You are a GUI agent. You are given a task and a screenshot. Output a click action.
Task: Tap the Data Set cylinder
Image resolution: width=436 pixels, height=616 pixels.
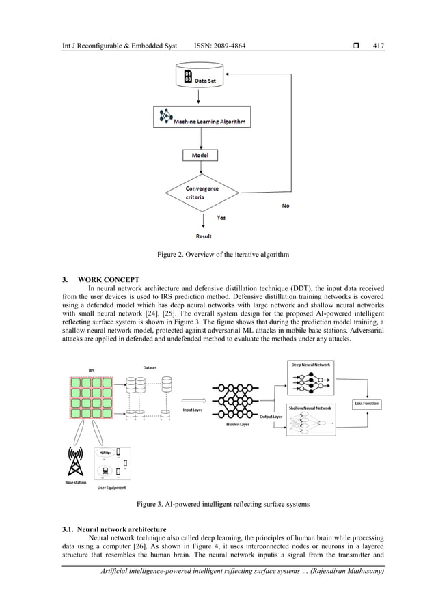pos(198,76)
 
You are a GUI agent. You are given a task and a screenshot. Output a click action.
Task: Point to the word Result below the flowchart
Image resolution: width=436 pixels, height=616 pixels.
pos(204,236)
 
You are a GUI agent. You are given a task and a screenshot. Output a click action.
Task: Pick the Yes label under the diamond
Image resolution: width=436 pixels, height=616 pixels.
pos(221,218)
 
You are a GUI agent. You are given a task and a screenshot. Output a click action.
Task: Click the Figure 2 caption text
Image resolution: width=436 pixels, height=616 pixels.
pos(217,255)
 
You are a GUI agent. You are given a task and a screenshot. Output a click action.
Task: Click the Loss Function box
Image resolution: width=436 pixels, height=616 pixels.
pos(366,404)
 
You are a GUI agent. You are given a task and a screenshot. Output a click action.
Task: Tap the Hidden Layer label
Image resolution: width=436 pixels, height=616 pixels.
pos(238,424)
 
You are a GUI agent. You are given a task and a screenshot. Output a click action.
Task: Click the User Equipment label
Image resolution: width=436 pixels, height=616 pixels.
pos(111,488)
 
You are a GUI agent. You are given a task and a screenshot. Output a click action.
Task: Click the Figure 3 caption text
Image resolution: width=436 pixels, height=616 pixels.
pos(217,504)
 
